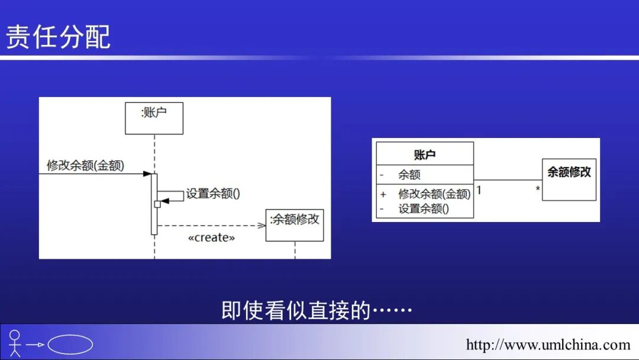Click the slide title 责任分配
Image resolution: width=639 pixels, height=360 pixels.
58,37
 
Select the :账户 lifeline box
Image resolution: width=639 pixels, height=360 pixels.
154,118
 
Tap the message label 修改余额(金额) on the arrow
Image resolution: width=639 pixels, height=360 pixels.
85,166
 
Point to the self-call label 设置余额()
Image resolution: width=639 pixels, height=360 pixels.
213,194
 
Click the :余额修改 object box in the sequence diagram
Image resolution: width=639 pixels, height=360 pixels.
295,225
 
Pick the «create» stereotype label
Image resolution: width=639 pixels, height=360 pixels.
211,238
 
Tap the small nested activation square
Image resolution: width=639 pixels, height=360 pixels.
157,204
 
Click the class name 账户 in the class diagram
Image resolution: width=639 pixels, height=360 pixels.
425,155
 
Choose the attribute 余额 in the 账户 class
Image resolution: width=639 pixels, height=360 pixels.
409,175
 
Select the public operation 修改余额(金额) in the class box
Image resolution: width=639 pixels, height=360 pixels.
434,194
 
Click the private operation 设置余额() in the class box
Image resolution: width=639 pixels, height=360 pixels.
423,208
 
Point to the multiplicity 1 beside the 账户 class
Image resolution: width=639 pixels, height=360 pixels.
479,190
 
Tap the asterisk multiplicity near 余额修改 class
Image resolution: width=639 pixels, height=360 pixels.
538,189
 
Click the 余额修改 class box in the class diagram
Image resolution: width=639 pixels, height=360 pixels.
569,179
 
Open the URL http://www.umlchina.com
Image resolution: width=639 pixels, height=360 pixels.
548,345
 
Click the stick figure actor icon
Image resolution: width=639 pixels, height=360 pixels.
15,343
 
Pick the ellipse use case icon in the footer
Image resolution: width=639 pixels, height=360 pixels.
70,345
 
